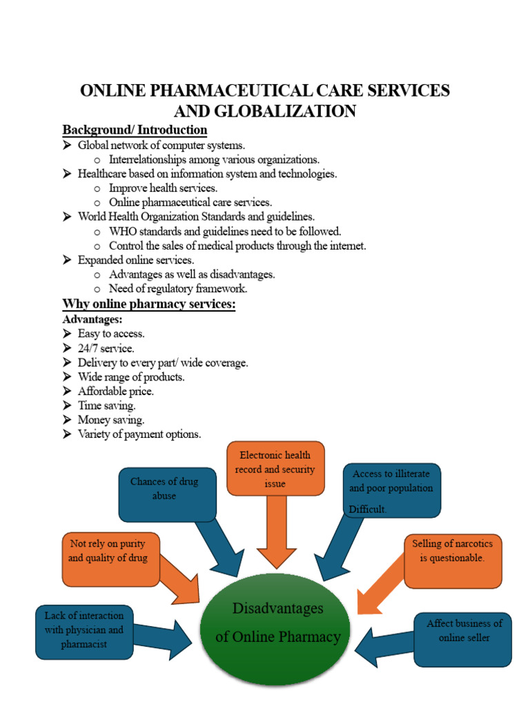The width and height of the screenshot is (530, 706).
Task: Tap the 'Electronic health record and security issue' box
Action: click(275, 468)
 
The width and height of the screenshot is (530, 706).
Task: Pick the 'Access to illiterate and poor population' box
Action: click(391, 490)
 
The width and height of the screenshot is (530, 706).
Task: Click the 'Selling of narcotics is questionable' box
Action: click(452, 560)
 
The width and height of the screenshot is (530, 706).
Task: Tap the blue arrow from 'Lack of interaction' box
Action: click(166, 638)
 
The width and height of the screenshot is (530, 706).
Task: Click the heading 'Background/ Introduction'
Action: click(135, 130)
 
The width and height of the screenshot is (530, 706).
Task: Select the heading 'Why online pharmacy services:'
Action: click(149, 304)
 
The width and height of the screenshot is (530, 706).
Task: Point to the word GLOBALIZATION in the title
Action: click(265, 110)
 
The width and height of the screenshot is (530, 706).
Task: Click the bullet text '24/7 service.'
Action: click(106, 348)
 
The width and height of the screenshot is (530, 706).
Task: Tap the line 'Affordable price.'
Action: click(115, 391)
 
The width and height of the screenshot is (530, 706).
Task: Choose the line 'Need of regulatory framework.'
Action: click(178, 289)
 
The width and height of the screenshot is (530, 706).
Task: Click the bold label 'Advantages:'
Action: click(92, 320)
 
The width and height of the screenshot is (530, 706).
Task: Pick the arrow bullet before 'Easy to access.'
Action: click(67, 334)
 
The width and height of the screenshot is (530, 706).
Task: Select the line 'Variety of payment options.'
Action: click(139, 434)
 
